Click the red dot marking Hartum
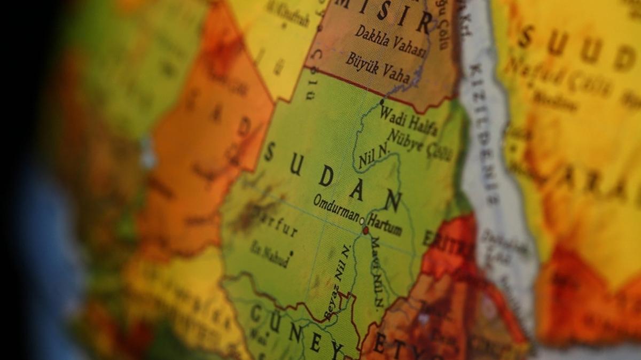click(x=366, y=231)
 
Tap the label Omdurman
click(x=335, y=208)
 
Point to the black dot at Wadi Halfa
click(x=382, y=101)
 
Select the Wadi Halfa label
click(x=409, y=121)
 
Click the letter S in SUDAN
click(x=269, y=153)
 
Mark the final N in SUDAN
click(x=393, y=201)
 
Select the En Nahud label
click(x=270, y=254)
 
